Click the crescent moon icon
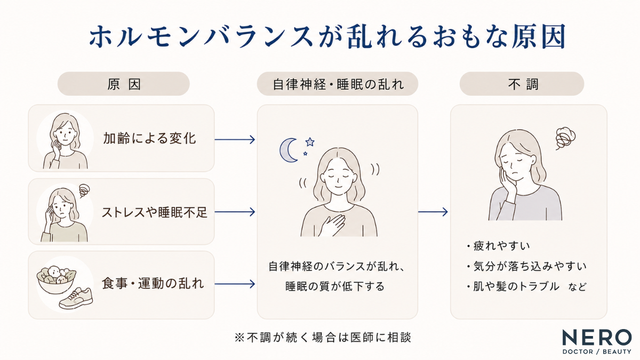coord(286,150)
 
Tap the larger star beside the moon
coord(310,142)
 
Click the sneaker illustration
coord(76,298)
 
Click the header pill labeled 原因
coord(123,84)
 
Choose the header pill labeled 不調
coord(522,84)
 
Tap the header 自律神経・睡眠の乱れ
coord(338,84)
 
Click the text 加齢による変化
coord(149,138)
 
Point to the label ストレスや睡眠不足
coord(154,212)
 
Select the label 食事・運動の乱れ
coord(153,284)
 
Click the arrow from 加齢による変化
coord(235,139)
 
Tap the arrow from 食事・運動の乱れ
coord(235,284)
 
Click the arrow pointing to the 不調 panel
coord(433,212)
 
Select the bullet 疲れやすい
coord(498,246)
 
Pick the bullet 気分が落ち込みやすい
coord(526,266)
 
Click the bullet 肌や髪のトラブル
coord(513,286)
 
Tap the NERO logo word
coord(597,338)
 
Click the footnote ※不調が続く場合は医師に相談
coord(323,338)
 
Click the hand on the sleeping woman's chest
coord(332,225)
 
